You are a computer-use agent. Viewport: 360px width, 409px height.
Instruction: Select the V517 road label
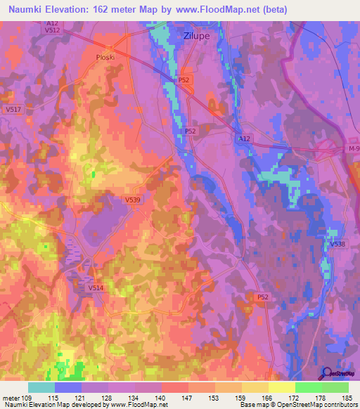tap(13, 110)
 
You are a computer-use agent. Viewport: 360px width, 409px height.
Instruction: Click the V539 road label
tap(133, 200)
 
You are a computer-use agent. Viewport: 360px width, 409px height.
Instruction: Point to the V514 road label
tap(96, 287)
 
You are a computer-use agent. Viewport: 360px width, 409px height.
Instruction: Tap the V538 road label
tap(337, 244)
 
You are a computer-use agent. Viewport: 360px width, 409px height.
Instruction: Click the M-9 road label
tap(352, 149)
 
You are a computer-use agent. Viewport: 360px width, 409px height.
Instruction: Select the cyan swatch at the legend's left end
tap(41, 387)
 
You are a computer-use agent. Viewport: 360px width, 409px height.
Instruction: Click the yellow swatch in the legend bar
tap(282, 387)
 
